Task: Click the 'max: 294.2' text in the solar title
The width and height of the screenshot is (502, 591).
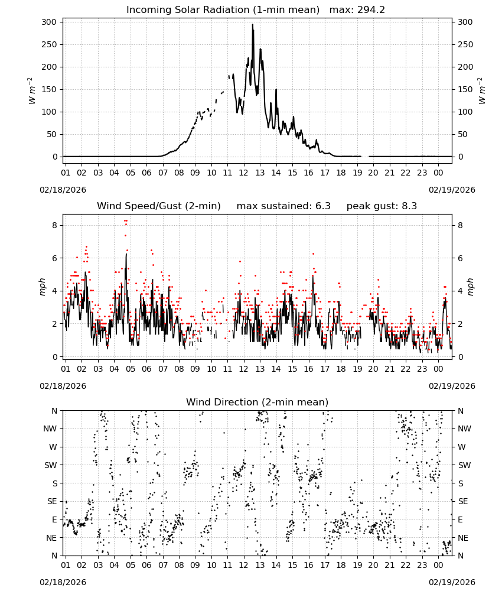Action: coord(357,10)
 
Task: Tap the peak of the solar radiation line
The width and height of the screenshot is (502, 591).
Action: coord(252,24)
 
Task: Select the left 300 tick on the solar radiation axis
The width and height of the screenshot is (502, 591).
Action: coord(49,22)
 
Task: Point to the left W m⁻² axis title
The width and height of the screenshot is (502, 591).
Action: coord(32,90)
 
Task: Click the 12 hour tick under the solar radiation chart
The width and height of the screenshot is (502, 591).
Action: coord(244,173)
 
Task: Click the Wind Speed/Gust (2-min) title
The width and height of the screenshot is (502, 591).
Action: coord(158,206)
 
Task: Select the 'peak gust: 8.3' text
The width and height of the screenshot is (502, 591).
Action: coord(382,206)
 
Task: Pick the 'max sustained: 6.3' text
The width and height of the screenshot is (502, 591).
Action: coord(283,206)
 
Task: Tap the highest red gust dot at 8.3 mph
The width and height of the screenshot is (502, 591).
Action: coord(125,220)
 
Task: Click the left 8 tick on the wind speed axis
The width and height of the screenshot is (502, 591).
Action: coord(54,225)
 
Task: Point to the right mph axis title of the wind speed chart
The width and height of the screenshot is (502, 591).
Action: coord(470,287)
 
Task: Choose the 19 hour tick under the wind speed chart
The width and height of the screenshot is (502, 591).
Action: coord(357,369)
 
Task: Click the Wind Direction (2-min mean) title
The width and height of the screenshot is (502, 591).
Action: coord(257,402)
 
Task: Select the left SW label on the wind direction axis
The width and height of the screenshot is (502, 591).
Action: coord(50,465)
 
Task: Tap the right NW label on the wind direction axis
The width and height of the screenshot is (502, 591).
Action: coord(464,428)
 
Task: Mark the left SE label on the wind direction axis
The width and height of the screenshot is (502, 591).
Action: coord(52,501)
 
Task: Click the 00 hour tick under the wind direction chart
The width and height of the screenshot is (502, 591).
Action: coord(438,565)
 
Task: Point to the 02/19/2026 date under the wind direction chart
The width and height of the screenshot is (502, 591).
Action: coord(452,582)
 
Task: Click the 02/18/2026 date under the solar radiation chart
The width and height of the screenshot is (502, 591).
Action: coord(63,190)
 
